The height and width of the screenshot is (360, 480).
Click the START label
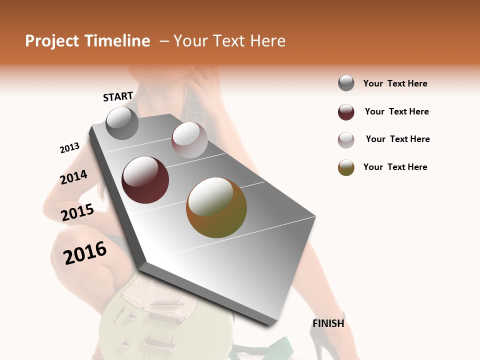[118, 96]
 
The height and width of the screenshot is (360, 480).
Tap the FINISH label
[328, 323]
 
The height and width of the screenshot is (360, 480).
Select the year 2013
[69, 148]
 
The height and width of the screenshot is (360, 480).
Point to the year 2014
[73, 177]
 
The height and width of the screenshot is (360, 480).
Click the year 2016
[85, 252]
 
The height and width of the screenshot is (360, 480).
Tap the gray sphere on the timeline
[122, 123]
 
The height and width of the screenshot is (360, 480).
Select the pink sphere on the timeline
[189, 140]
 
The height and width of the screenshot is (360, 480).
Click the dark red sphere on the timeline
[145, 180]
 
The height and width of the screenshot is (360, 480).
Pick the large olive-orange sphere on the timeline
[216, 207]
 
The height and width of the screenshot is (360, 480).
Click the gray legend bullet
[346, 83]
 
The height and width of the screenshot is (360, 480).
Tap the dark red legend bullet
[346, 112]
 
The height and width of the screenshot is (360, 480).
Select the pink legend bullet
[346, 140]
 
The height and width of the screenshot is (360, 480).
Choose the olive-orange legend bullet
[346, 168]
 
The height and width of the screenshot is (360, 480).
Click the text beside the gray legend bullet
[395, 83]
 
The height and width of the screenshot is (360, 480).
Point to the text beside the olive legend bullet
[395, 167]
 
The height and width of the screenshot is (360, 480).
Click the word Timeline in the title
[117, 41]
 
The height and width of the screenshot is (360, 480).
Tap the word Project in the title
[52, 41]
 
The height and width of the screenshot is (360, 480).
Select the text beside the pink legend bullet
[397, 139]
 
